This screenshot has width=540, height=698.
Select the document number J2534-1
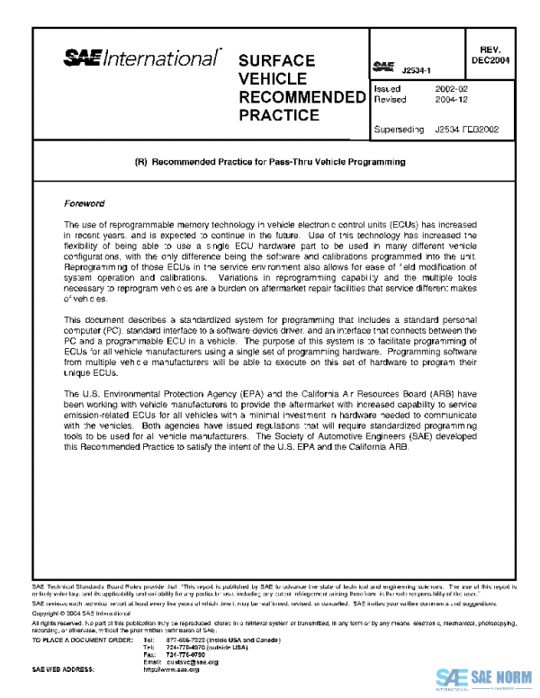pos(418,69)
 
